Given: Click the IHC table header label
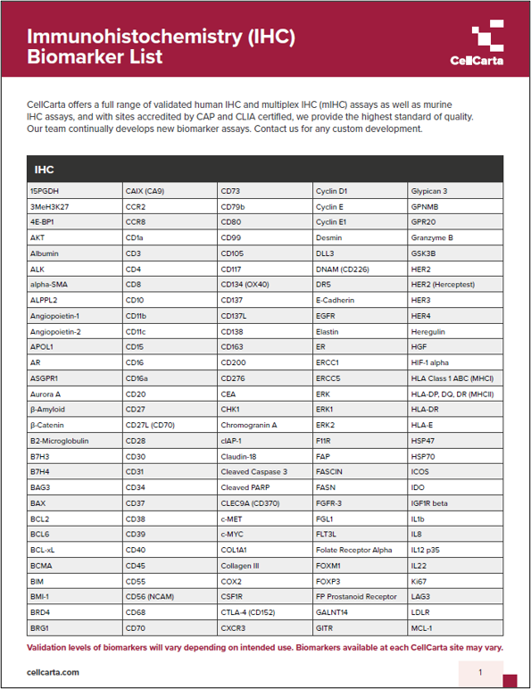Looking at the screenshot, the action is pyautogui.click(x=45, y=169).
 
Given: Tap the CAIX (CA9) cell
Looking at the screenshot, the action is pyautogui.click(x=145, y=191).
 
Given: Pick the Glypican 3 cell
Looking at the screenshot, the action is pyautogui.click(x=428, y=191).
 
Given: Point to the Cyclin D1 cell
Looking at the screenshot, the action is pyautogui.click(x=331, y=191).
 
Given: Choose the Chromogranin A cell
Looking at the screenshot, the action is pyautogui.click(x=249, y=425).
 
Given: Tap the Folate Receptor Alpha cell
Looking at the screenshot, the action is pyautogui.click(x=353, y=549).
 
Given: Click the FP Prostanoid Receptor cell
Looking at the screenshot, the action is pyautogui.click(x=356, y=596).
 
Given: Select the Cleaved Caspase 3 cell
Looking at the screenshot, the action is pyautogui.click(x=253, y=471).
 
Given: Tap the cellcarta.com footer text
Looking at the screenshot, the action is pyautogui.click(x=54, y=672).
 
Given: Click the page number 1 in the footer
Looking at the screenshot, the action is pyautogui.click(x=480, y=672).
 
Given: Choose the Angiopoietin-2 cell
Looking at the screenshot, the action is pyautogui.click(x=54, y=331).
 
